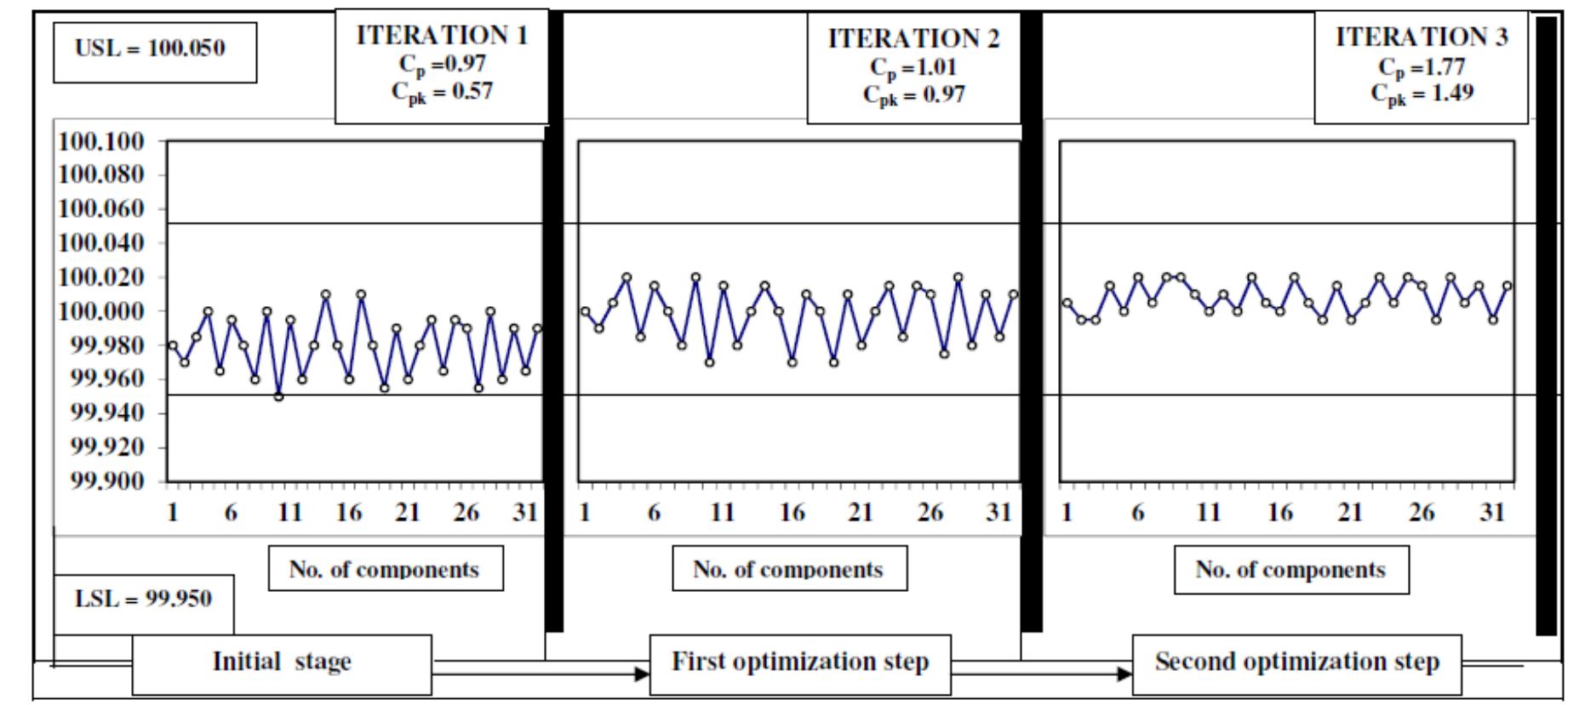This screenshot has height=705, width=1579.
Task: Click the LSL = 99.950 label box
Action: click(143, 599)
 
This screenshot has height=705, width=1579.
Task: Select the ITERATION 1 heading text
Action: click(442, 36)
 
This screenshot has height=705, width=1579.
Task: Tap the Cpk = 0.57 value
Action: click(442, 92)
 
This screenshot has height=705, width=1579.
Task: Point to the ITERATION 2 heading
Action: click(914, 39)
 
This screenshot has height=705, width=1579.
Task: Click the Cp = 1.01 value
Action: click(914, 66)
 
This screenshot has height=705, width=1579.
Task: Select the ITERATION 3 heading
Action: click(1422, 37)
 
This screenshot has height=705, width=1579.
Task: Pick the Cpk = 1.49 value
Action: click(1422, 93)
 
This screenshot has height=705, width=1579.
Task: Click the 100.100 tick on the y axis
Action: click(100, 141)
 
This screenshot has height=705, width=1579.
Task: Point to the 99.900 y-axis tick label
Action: click(100, 481)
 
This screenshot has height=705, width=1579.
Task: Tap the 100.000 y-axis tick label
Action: click(100, 311)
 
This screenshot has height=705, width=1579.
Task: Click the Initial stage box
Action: click(282, 662)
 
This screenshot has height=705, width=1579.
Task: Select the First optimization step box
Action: click(800, 662)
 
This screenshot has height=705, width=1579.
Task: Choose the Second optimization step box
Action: click(1296, 662)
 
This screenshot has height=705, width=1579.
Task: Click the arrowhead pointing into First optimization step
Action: click(642, 674)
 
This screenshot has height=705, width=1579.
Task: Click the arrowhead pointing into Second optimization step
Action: click(1124, 674)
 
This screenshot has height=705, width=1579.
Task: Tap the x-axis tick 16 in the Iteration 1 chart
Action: click(349, 514)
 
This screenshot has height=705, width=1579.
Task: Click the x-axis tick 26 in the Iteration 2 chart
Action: click(930, 514)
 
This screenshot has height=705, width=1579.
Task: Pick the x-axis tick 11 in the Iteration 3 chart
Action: click(1209, 514)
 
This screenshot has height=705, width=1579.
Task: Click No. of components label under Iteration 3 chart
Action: click(1290, 570)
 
